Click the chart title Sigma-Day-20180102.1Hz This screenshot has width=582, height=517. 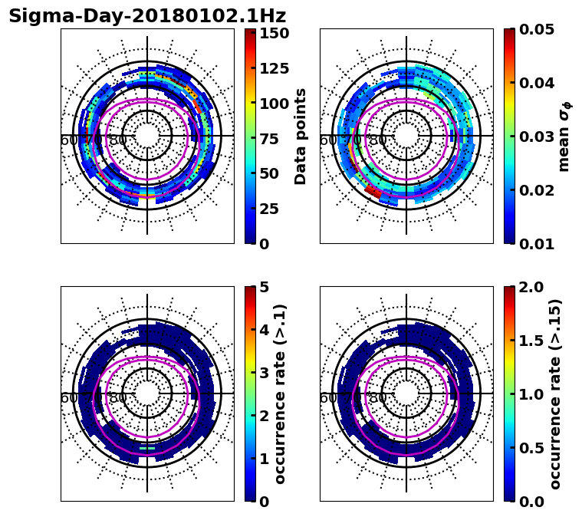tap(147, 16)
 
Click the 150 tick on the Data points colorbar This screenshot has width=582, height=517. tap(275, 33)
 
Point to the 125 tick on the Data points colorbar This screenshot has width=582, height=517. tap(275, 68)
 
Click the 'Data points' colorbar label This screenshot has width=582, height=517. tap(301, 137)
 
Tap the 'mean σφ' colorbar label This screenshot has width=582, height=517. tap(564, 137)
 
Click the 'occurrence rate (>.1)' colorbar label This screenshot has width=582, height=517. tap(281, 394)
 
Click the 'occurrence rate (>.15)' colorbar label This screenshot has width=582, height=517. tap(555, 394)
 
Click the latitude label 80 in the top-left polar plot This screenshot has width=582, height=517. tap(118, 140)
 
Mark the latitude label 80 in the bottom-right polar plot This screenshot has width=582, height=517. tap(377, 398)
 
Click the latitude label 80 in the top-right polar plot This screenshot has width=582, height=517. tap(377, 140)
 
